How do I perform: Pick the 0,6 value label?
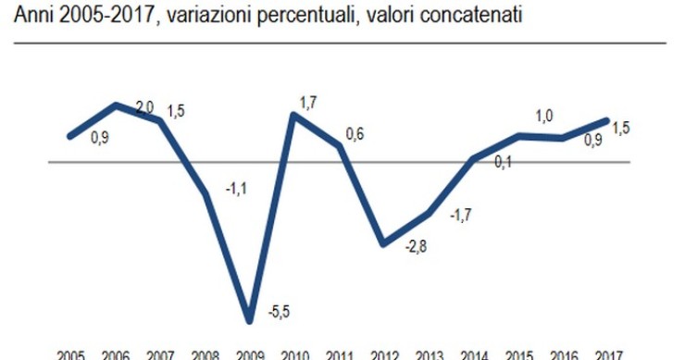point(355,135)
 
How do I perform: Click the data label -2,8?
point(416,248)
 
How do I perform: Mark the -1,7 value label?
point(460,216)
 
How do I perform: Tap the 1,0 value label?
point(544,116)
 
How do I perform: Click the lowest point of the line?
point(249,320)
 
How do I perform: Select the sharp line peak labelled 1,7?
point(294,115)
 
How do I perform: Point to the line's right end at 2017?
point(607,119)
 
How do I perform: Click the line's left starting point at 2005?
point(70,137)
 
